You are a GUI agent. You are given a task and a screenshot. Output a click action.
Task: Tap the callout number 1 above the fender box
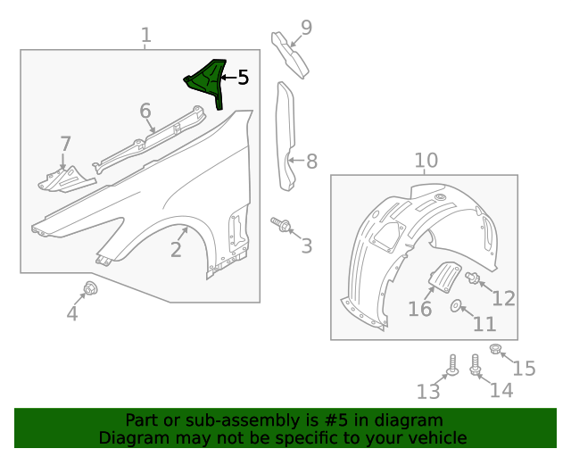(146, 36)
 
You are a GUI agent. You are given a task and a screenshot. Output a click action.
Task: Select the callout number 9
(306, 28)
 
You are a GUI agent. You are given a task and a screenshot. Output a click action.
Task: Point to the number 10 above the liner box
(426, 161)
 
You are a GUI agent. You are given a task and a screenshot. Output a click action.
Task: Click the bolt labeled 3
(282, 224)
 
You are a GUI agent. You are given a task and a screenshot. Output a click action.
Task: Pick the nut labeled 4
(90, 287)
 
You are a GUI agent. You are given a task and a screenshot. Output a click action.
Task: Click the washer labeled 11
(457, 307)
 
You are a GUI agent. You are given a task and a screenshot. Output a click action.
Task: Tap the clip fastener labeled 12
(474, 278)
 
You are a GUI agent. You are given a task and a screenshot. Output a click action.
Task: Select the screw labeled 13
(451, 365)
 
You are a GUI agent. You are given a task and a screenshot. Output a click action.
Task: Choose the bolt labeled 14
(476, 365)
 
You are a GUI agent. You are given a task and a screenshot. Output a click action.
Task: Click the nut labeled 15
(497, 349)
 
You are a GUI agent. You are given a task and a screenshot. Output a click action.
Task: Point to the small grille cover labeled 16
(443, 278)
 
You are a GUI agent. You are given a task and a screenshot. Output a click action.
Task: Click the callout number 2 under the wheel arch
(177, 250)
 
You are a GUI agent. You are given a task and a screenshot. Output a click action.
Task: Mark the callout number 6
(145, 112)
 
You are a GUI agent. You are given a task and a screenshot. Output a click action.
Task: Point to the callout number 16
(420, 309)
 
